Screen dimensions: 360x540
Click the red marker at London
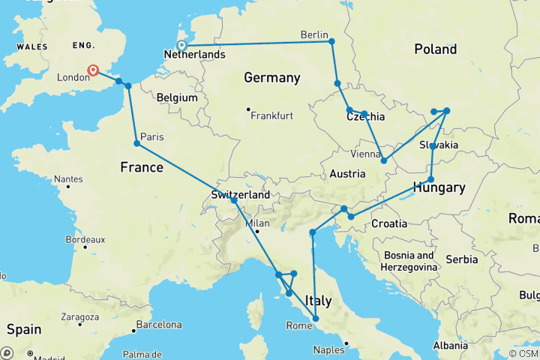click(x=93, y=70)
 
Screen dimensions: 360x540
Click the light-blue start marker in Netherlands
click(x=181, y=46)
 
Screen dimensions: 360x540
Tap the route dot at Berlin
click(x=331, y=41)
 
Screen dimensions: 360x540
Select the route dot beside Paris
click(x=136, y=143)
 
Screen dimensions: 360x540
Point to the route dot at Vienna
click(x=384, y=160)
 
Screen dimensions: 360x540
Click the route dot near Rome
click(x=315, y=319)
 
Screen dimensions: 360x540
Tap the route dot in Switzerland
click(x=234, y=200)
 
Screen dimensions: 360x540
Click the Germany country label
click(x=271, y=77)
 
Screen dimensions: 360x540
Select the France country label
click(x=141, y=167)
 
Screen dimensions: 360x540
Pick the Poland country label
click(x=435, y=49)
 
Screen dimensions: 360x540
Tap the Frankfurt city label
click(x=271, y=115)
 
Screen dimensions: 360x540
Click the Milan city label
click(x=257, y=223)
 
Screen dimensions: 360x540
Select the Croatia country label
click(x=388, y=223)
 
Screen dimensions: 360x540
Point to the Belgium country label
click(x=178, y=97)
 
